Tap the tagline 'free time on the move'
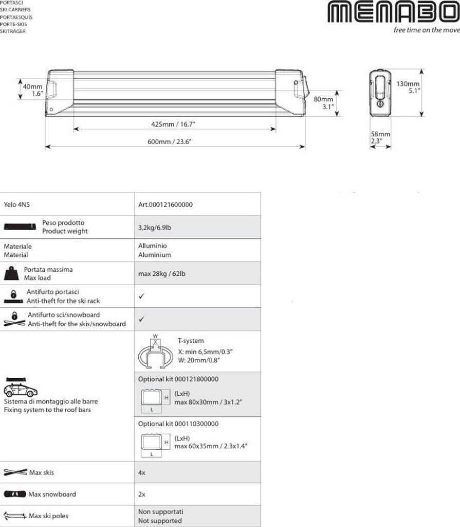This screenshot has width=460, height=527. coord(426,30)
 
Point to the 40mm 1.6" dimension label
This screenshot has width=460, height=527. coord(33,90)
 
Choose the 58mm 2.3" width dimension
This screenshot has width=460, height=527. coord(380,137)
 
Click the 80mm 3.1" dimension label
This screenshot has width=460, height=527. coord(324,103)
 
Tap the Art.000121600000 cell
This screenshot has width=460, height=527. coord(165,204)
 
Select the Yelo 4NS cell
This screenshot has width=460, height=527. coord(17,204)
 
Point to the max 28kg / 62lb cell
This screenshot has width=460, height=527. coord(162,273)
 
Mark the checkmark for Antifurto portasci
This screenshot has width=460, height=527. coord(141,296)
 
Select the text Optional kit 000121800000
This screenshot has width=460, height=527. coord(178,379)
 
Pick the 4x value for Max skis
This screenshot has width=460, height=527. coord(142,472)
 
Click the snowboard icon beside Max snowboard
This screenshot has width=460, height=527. coord(14,494)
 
